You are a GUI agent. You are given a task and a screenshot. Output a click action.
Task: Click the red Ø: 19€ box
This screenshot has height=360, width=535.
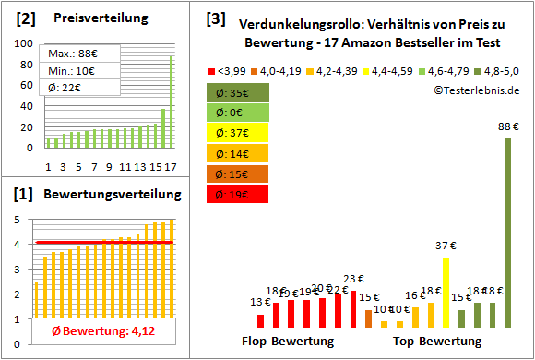click(238, 194)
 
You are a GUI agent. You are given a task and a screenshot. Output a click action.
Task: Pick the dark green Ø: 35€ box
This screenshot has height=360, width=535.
click(238, 92)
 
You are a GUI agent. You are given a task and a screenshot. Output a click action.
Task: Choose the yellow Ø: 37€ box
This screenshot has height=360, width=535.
click(238, 133)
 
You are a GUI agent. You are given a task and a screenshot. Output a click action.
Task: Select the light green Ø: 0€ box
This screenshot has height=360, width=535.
click(238, 113)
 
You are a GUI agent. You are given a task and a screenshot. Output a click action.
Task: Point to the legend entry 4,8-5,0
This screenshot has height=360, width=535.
click(499, 69)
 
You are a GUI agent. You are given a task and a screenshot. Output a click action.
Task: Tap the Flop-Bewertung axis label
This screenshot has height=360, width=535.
click(288, 342)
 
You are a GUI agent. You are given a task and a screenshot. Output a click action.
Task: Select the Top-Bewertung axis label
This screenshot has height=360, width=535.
click(436, 342)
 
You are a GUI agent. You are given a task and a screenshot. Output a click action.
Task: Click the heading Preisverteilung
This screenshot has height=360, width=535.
click(91, 18)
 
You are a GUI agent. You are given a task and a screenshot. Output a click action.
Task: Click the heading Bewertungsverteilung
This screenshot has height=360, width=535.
click(110, 195)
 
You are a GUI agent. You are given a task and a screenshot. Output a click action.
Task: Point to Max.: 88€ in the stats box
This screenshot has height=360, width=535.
click(75, 54)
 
